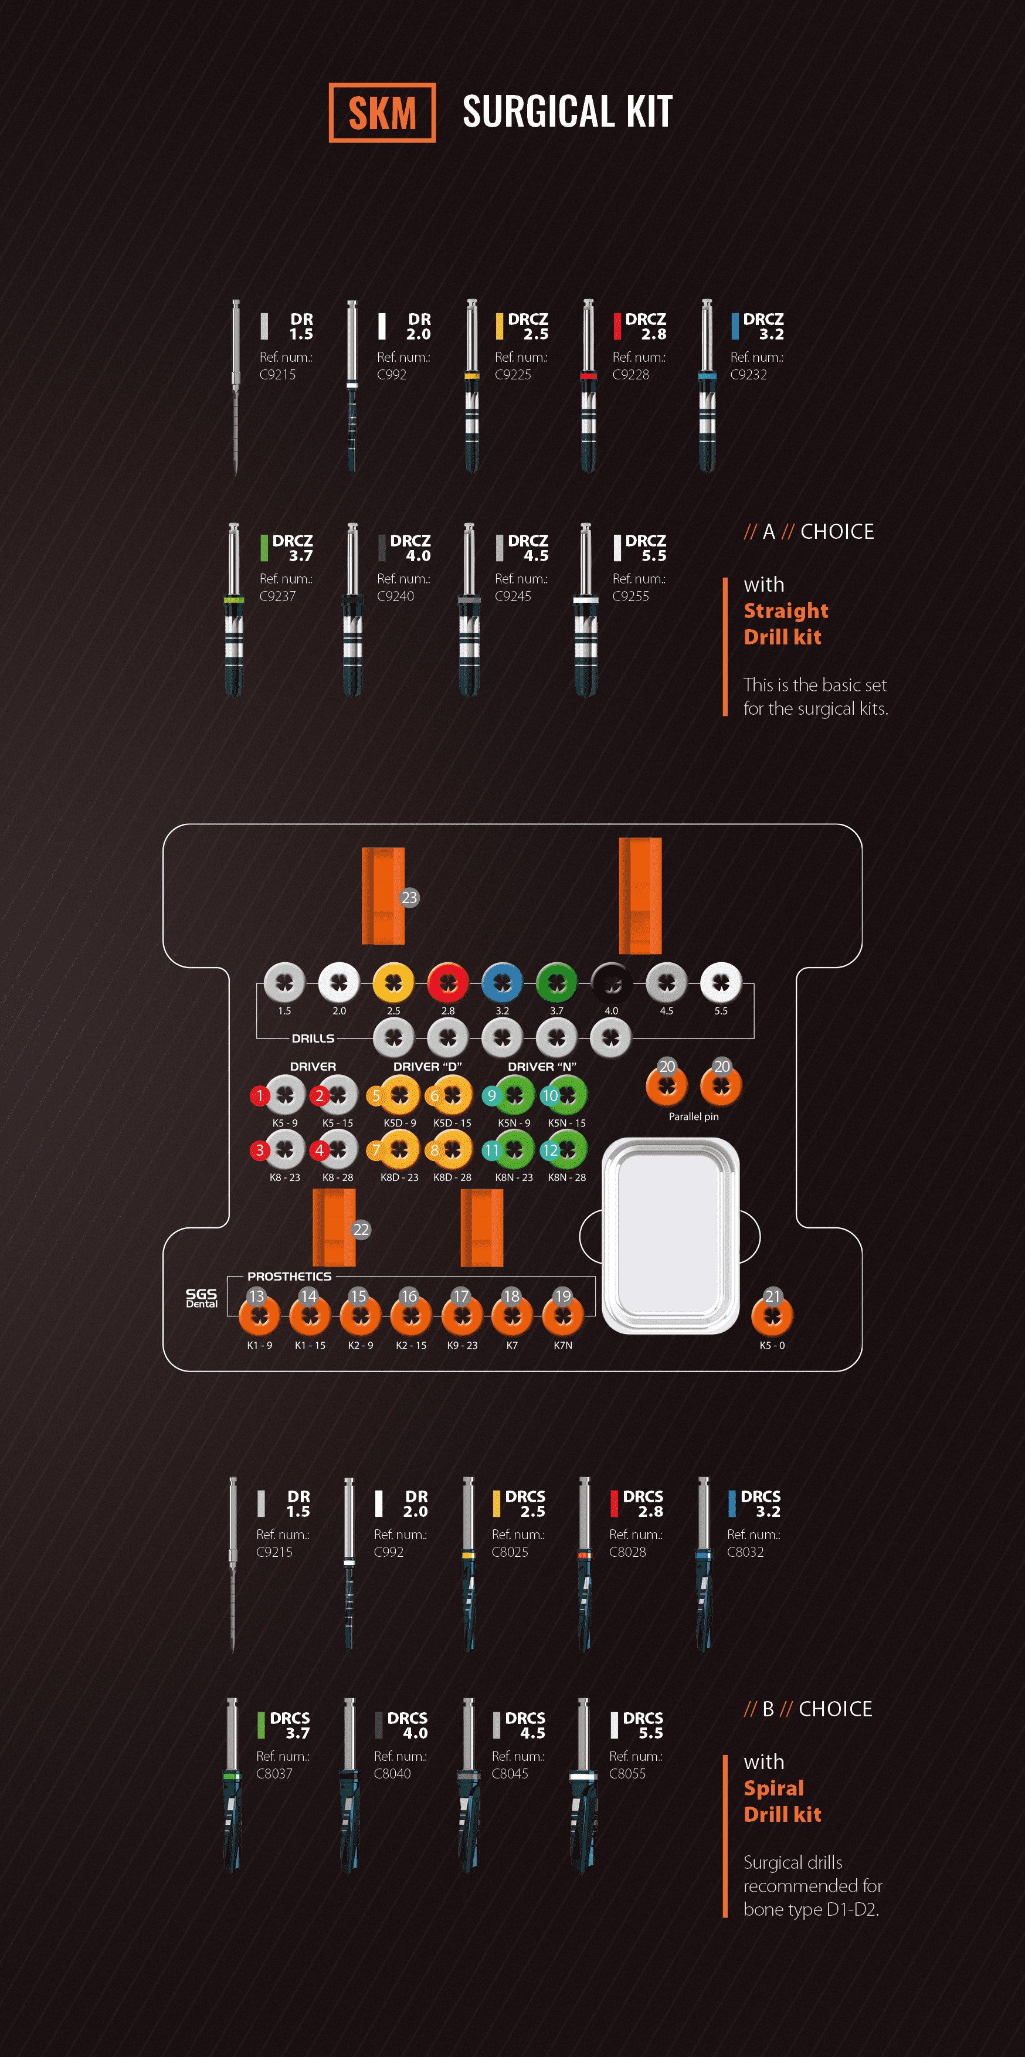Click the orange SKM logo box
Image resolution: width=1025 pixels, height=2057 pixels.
pos(382,113)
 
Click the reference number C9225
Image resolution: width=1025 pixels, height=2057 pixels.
pos(512,375)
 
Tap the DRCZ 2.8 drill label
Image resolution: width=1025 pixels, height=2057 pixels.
pos(645,326)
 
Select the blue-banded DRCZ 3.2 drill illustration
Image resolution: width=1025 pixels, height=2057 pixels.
pos(707,387)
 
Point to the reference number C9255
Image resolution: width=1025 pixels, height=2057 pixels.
pos(630,596)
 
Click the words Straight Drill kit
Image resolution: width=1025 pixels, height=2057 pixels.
pos(786,624)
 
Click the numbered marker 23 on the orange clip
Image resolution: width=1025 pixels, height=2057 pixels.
pos(409,898)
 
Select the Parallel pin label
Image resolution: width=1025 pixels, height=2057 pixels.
pos(693,1116)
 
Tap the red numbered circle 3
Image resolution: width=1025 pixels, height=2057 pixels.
pos(259,1150)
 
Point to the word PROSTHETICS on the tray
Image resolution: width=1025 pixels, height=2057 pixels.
pos(289,1276)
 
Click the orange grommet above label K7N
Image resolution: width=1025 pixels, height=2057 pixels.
pos(563,1315)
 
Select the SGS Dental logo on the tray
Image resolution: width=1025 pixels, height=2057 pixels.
pos(201,1298)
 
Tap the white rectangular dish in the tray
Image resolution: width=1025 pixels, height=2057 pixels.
pos(670,1235)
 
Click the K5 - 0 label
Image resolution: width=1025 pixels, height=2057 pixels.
pos(772,1346)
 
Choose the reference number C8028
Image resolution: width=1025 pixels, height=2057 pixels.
pos(627,1552)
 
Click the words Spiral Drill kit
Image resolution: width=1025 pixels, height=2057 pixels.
pos(782,1801)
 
